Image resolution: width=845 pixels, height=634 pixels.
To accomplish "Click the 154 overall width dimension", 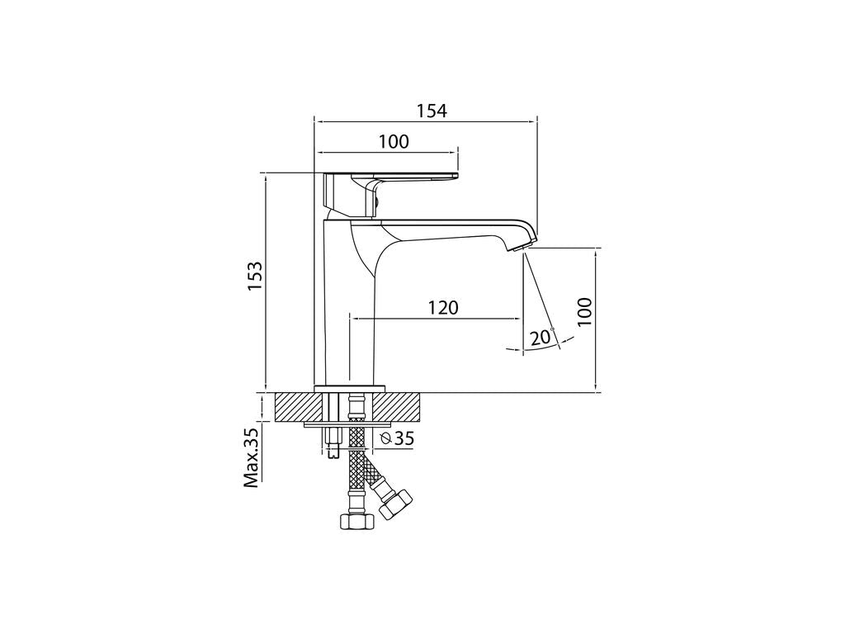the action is coord(432,111).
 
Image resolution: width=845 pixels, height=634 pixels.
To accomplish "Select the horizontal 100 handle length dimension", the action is coord(394,142).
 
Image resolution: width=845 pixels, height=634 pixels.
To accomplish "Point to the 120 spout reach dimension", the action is coord(443,307).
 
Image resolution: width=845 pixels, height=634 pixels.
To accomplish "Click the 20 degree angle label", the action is coord(541,338).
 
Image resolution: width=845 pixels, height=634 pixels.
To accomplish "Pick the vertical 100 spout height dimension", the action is coord(584,311).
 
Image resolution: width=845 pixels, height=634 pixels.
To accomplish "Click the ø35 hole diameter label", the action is coord(397,439).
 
